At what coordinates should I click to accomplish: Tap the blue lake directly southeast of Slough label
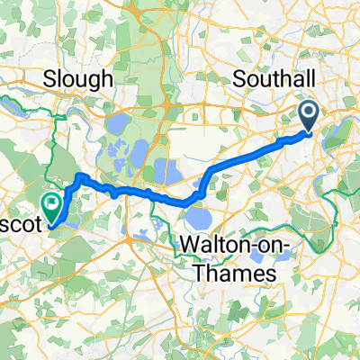point(116,126)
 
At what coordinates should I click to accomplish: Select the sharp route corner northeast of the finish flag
point(79,176)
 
